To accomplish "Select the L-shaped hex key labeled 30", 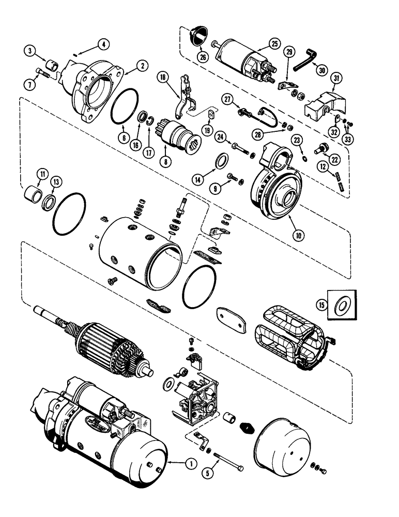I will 304,63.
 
